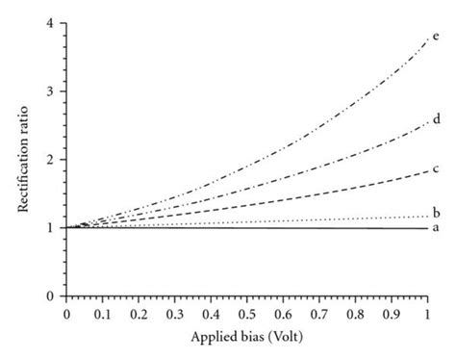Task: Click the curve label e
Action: point(437,38)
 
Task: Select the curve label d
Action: point(437,119)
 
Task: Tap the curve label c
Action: point(437,171)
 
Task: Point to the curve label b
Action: point(437,214)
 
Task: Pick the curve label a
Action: point(437,228)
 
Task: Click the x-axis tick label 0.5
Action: point(246,314)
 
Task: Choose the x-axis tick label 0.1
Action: point(103,314)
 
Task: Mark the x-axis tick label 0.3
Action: point(175,314)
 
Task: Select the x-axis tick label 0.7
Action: point(318,314)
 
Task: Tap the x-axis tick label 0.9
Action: point(391,314)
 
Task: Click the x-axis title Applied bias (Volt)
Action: point(246,340)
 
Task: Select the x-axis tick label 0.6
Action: point(283,314)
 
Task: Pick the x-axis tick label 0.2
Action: point(139,314)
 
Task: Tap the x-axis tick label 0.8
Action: point(355,314)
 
